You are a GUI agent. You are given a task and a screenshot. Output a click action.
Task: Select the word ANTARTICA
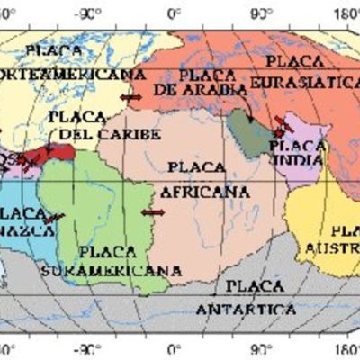coord(248,308)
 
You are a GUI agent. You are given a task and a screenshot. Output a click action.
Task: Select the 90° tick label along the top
coord(261,13)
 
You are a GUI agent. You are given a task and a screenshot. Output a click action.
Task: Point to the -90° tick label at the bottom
coord(87,347)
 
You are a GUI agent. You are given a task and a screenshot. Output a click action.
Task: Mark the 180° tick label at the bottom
coord(347,347)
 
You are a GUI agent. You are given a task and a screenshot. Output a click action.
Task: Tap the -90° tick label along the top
coord(87,13)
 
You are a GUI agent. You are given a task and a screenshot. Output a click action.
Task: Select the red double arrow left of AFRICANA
coord(153,211)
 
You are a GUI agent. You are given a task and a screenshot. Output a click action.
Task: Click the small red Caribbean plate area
coord(63,155)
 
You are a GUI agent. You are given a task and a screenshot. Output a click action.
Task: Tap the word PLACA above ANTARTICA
coord(247,287)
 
